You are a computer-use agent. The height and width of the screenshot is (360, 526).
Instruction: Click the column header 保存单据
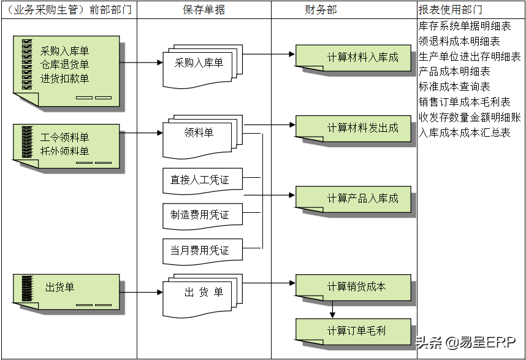[x=204, y=10]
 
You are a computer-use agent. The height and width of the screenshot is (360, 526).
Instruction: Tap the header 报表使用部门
[x=450, y=10]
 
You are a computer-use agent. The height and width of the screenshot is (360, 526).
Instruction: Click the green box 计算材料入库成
[x=354, y=58]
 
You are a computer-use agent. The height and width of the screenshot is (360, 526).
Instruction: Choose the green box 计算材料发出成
[x=354, y=128]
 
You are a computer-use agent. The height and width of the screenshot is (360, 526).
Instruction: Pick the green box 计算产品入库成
[x=354, y=199]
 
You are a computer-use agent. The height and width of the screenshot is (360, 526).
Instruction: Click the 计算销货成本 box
[x=354, y=287]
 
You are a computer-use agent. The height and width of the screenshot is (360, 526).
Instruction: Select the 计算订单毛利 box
[x=354, y=331]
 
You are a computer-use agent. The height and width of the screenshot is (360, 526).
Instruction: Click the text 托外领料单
[x=64, y=151]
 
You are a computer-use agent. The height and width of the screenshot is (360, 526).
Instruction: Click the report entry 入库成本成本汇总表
[x=464, y=132]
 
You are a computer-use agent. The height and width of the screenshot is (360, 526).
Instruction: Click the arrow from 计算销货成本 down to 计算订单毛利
[x=332, y=308]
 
